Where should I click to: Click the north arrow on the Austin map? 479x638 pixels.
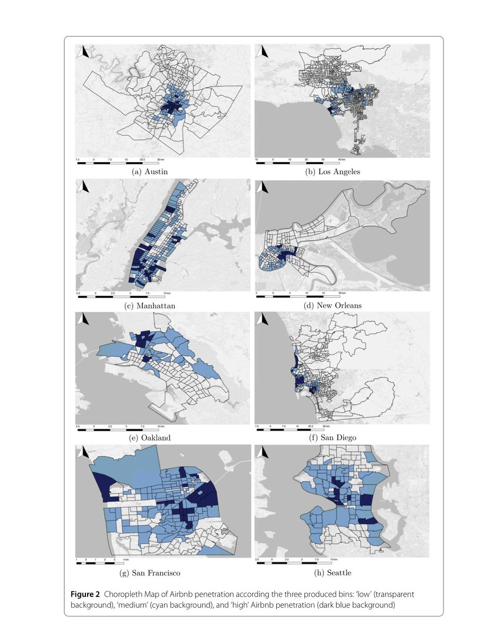(82, 52)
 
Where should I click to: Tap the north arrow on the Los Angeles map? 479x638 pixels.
(262, 52)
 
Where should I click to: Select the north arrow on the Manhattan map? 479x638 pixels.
(82, 187)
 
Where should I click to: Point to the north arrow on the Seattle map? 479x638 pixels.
(262, 452)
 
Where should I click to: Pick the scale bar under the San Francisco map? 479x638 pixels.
(100, 563)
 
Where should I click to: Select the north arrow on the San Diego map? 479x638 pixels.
(262, 319)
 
